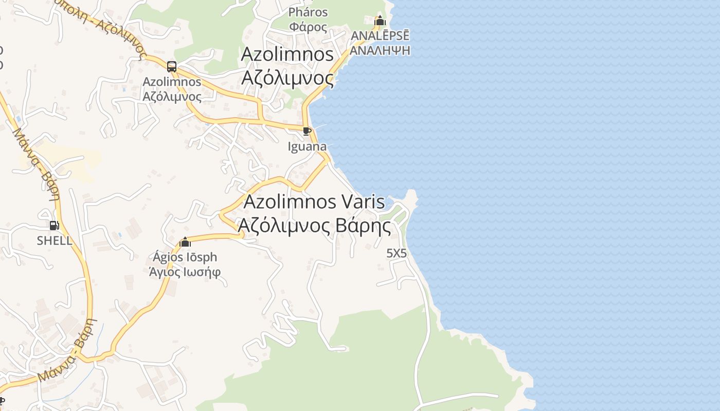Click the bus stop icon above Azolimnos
172,67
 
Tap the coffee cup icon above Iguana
307,132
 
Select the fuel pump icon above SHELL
54,225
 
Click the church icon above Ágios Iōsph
185,242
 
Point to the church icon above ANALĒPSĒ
380,21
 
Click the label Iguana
307,146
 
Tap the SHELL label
55,240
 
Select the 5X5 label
397,253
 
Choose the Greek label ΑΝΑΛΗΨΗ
381,50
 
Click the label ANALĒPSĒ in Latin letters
381,36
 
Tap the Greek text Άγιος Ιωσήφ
185,272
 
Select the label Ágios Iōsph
185,257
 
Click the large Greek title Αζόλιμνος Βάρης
314,225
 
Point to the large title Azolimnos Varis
314,201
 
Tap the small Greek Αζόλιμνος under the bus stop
172,96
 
